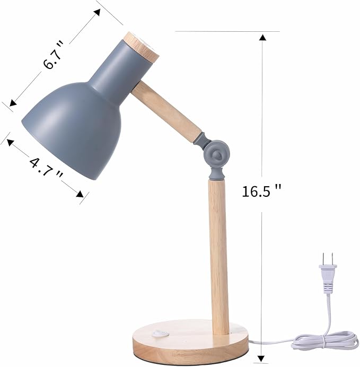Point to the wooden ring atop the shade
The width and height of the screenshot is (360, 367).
point(142,46)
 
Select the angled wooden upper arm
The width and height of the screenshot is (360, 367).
point(167,112)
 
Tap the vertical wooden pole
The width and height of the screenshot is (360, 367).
point(218,255)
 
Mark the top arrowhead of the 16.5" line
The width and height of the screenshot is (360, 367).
point(262,37)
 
